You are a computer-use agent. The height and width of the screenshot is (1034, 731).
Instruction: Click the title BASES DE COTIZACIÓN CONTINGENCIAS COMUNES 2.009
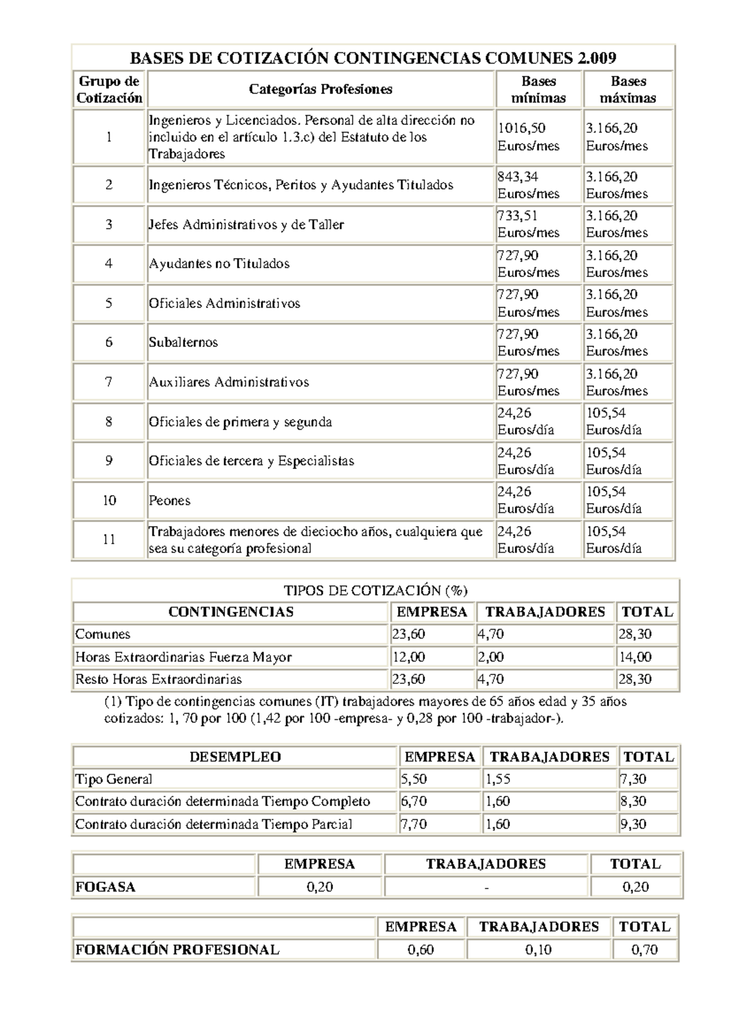click(373, 58)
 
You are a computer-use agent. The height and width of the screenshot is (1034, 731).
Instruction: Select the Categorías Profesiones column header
click(320, 90)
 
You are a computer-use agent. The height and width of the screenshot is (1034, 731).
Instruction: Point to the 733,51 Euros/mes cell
click(528, 224)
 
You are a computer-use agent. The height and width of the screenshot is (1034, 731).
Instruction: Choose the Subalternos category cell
click(183, 342)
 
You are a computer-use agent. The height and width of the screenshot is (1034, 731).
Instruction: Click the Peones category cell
click(170, 501)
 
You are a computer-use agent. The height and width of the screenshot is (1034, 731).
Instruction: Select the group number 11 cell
click(109, 540)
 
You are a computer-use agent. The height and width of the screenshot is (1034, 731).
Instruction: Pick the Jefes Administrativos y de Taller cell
click(246, 225)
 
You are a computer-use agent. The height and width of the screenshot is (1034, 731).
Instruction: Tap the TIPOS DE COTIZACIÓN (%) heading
click(375, 590)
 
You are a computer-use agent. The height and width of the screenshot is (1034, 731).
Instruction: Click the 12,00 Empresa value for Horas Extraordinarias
click(409, 657)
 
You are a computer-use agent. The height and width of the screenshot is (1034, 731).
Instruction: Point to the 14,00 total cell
click(635, 657)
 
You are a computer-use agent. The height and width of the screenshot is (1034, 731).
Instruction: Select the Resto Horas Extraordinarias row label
click(158, 679)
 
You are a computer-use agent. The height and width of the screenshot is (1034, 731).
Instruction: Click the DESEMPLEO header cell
click(235, 757)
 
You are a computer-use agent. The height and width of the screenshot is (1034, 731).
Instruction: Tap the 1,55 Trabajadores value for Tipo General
click(498, 779)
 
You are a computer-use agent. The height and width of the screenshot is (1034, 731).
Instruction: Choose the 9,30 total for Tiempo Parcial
click(634, 824)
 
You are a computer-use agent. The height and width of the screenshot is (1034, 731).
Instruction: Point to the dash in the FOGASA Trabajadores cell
click(486, 887)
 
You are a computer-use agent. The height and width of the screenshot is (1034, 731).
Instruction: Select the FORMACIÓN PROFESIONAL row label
click(177, 949)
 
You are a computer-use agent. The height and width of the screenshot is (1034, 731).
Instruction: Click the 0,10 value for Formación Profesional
click(539, 949)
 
